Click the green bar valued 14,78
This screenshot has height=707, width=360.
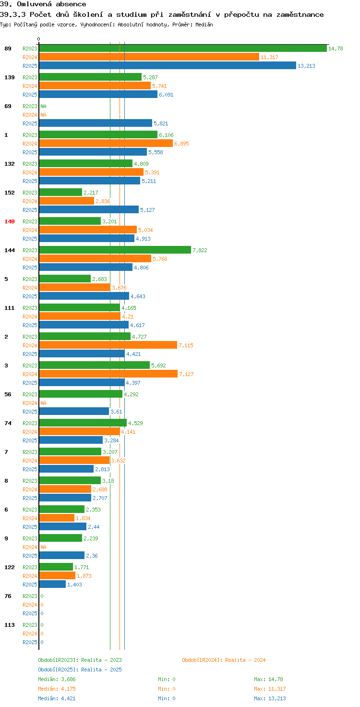pos(183,49)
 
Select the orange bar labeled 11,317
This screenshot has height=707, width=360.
pos(149,57)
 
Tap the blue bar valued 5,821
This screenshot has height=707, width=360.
pos(96,123)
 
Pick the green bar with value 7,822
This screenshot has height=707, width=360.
pos(115,250)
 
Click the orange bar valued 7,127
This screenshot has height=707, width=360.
pos(108,374)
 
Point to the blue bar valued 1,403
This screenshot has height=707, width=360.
pos(52,584)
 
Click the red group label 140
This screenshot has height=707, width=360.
pos(10,221)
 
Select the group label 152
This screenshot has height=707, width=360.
pos(10,193)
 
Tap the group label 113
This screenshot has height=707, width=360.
pos(10,625)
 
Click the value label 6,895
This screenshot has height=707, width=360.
pos(182,144)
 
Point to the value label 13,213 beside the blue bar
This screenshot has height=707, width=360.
pos(306,66)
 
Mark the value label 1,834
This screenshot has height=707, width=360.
pos(83,518)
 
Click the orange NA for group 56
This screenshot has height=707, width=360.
pos(44,403)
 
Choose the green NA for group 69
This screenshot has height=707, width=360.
pos(44,106)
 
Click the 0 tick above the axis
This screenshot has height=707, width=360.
pos(38,39)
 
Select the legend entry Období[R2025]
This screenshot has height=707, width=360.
pos(58,670)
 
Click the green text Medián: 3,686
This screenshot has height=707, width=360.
pos(57,679)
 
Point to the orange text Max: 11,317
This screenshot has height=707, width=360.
pos(270,689)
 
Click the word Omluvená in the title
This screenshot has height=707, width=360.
pos(34,4)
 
